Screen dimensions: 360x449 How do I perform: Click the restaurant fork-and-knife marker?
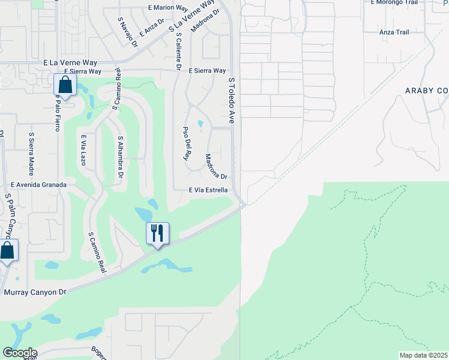pos(157,233)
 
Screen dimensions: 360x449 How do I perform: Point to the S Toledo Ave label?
pos(231,100)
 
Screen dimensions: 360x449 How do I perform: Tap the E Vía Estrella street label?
pos(208,190)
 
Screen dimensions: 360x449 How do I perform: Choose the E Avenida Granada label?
pos(38,185)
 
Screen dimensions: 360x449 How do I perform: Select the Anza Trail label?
pos(394,32)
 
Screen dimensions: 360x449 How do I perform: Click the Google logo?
pos(20,353)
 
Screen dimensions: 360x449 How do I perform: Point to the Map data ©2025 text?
pos(423,355)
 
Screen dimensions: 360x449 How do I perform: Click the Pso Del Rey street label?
pos(186,143)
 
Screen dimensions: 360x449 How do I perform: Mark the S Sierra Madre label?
pos(32,149)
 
